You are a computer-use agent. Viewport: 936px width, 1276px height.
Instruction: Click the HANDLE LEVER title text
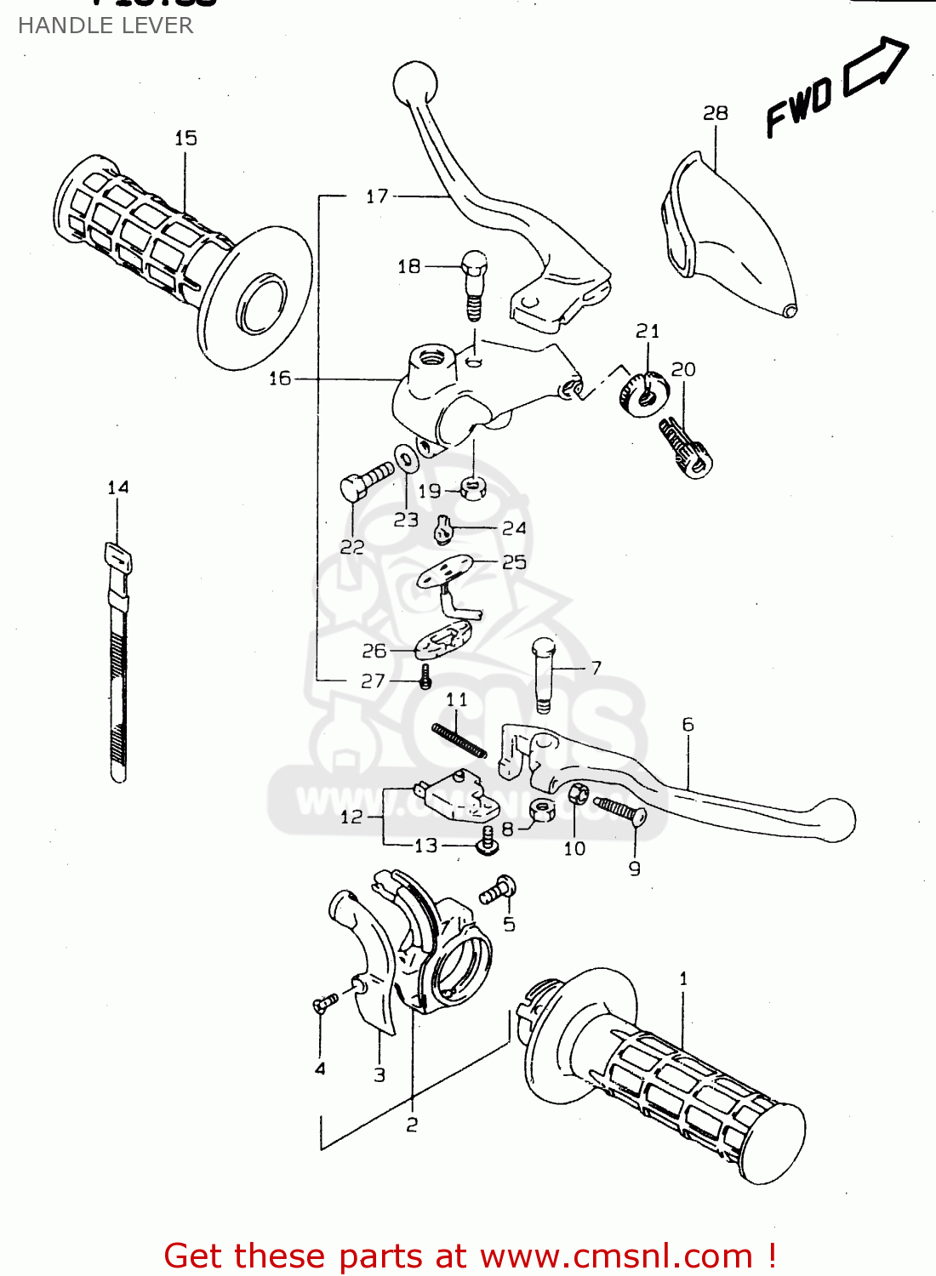tap(106, 26)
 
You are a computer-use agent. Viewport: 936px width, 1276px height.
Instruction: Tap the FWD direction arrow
tap(875, 67)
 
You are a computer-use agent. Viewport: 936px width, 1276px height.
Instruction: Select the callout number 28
tap(715, 113)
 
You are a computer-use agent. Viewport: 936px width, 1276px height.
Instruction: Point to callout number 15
tap(185, 138)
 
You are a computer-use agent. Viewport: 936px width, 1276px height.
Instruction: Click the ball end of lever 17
tap(415, 83)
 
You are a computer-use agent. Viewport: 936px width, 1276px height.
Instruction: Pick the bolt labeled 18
tap(474, 282)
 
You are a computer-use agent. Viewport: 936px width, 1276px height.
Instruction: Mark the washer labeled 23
tap(406, 458)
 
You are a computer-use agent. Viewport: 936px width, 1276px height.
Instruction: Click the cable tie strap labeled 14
tap(118, 664)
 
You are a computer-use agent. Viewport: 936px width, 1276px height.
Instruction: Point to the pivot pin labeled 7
tap(544, 675)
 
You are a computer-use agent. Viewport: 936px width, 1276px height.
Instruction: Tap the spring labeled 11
tap(459, 739)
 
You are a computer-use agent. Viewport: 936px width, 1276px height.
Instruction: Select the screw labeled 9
tap(621, 809)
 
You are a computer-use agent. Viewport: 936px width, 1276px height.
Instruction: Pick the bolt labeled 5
tap(497, 891)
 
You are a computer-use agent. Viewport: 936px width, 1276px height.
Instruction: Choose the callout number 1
tap(683, 978)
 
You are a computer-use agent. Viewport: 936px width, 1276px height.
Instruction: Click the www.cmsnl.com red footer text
tap(617, 1256)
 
